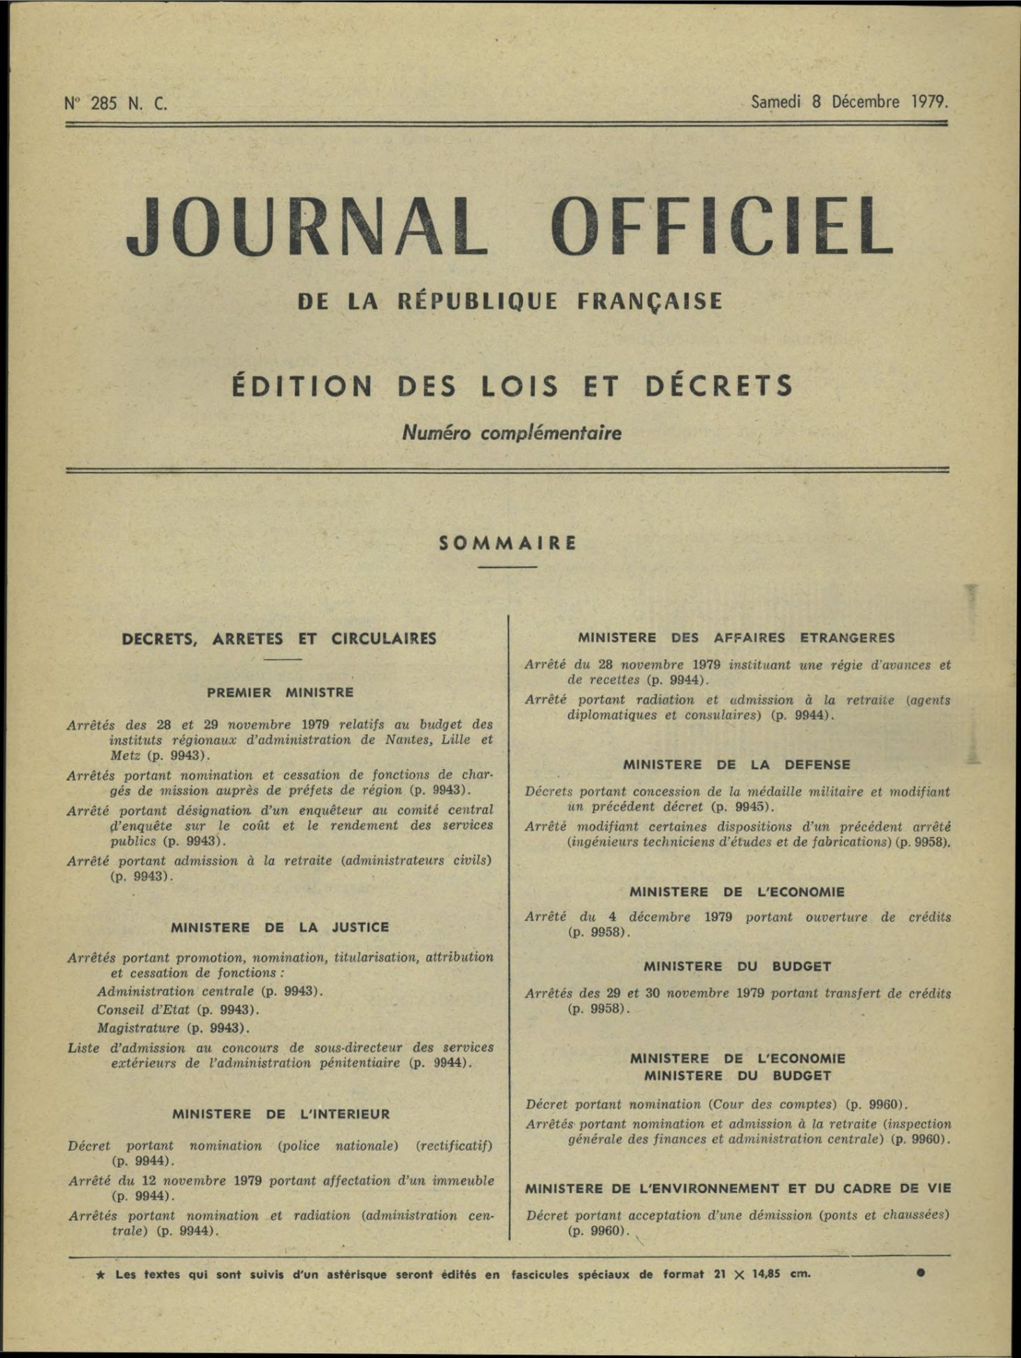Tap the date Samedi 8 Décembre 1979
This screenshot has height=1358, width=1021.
849,102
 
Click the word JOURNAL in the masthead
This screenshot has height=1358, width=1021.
306,225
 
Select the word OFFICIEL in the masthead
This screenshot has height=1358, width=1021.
722,225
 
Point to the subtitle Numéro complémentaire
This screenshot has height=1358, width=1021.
511,433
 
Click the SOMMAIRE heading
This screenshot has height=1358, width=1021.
508,543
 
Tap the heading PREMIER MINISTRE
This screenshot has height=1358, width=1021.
280,692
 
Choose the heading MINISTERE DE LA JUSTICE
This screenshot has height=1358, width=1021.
280,927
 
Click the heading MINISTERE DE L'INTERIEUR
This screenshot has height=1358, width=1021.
281,1114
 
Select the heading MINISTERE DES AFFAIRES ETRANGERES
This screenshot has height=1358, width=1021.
736,638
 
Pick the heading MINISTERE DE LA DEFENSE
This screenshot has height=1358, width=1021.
737,765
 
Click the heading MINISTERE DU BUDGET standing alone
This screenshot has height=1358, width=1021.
737,966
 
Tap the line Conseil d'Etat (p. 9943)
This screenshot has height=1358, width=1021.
178,1010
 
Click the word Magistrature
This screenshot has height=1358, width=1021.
138,1028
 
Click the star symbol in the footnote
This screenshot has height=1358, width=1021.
101,1274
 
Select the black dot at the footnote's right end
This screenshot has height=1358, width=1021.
920,1273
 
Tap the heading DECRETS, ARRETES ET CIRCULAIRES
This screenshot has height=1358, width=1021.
279,638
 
